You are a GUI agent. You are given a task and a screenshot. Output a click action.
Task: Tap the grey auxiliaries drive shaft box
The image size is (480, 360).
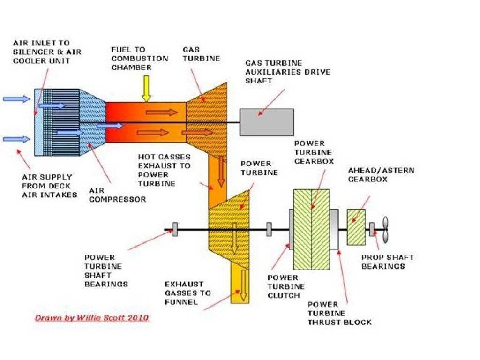pyautogui.click(x=267, y=122)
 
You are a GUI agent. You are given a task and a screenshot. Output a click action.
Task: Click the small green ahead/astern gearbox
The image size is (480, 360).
pyautogui.click(x=356, y=227)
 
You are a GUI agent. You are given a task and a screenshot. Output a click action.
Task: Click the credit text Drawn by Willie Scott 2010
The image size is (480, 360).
pyautogui.click(x=92, y=318)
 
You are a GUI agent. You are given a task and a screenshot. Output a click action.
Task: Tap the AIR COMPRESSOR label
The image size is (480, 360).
pyautogui.click(x=117, y=195)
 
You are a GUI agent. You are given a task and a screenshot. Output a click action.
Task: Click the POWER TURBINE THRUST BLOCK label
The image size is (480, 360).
pyautogui.click(x=339, y=313)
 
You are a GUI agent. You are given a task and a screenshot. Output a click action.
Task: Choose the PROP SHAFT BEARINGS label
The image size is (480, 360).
pyautogui.click(x=387, y=262)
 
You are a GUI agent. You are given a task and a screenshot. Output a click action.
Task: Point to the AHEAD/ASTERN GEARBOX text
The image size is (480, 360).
pyautogui.click(x=381, y=174)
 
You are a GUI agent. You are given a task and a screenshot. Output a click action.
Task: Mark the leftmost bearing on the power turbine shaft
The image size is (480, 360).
pyautogui.click(x=175, y=230)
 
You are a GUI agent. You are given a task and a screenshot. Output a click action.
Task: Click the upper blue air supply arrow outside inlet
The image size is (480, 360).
pyautogui.click(x=16, y=98)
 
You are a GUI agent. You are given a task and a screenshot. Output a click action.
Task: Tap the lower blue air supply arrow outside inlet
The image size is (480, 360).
pyautogui.click(x=16, y=139)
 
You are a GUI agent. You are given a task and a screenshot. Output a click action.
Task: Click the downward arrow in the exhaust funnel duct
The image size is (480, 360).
pyautogui.click(x=242, y=291)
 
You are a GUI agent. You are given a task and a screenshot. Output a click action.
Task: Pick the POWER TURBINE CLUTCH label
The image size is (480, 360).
pyautogui.click(x=286, y=286)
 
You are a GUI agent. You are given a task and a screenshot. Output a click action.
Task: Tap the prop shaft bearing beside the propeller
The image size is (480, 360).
pyautogui.click(x=372, y=230)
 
